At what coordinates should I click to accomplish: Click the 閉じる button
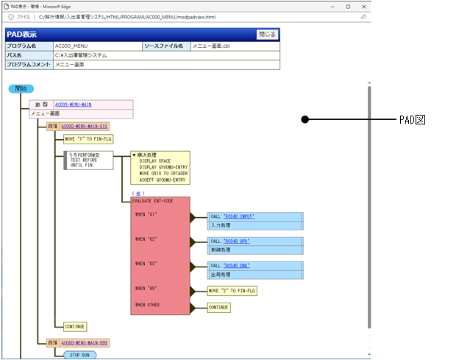coord(267,34)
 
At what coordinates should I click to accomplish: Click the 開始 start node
coord(21,88)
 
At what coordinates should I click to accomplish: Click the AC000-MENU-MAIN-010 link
coord(84,127)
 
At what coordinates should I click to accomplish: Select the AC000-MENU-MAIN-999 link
coord(84,342)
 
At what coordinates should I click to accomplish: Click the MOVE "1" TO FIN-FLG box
coord(88,138)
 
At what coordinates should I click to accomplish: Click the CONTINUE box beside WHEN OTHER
coord(219,308)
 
